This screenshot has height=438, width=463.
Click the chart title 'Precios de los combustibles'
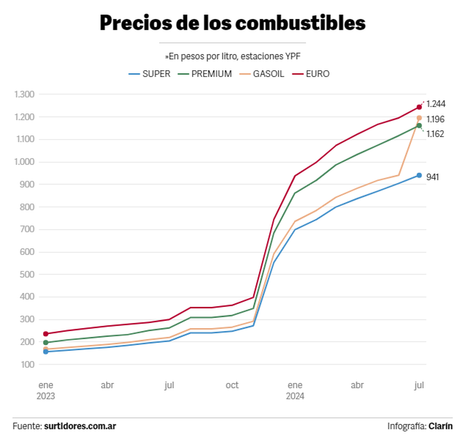[x=232, y=23]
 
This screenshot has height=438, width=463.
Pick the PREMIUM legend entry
[x=205, y=74]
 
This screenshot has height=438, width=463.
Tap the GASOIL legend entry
[x=262, y=74]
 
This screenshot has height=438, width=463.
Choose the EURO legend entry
[x=311, y=74]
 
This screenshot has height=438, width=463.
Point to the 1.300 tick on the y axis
[x=24, y=94]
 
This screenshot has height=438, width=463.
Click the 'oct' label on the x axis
[x=232, y=385]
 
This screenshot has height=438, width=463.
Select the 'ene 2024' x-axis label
[x=295, y=390]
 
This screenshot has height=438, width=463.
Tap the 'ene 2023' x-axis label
[x=46, y=390]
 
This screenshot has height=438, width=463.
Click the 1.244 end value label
[x=436, y=104]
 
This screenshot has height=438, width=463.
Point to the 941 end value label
[x=433, y=177]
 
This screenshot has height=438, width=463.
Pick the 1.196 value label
[x=436, y=119]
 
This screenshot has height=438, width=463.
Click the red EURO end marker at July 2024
[x=419, y=107]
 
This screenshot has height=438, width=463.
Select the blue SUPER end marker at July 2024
[x=419, y=175]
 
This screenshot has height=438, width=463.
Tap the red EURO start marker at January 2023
[x=46, y=334]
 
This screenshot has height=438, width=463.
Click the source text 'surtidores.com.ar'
[x=80, y=426]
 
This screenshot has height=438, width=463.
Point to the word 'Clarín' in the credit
[x=440, y=426]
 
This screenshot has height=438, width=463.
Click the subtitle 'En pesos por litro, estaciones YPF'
[x=233, y=57]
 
